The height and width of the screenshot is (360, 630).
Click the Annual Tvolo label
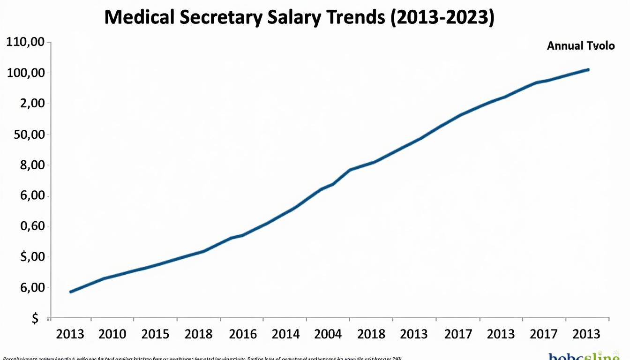pos(580,46)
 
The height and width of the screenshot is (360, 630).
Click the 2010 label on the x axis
pos(113,334)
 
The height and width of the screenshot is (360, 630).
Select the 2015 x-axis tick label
pos(156,334)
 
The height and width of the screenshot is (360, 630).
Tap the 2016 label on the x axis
pos(243,334)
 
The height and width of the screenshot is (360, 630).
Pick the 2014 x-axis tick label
pos(286,334)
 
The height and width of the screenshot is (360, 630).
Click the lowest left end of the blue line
pos(71,292)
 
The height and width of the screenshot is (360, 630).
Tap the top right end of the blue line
pos(588,69)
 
